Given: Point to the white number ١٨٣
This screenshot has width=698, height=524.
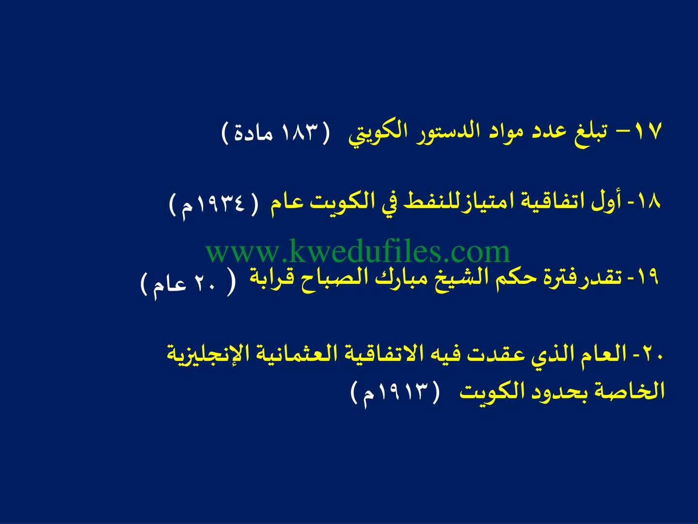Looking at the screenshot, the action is [301, 131].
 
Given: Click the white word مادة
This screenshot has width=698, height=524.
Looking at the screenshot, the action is [253, 132].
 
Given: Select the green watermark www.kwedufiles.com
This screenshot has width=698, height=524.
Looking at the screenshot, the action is [358, 252].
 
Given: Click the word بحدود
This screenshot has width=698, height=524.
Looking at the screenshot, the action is [560, 392].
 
